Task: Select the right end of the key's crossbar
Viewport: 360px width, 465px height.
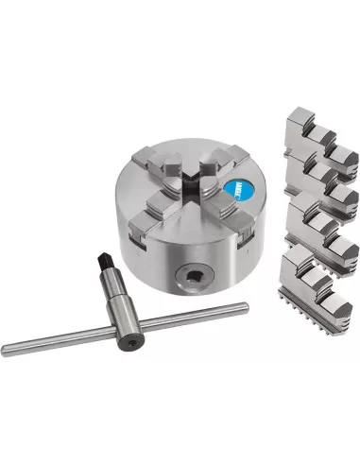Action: coord(244,307)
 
